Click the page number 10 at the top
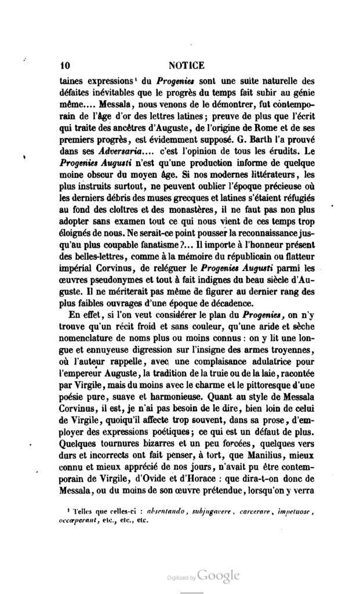pos(64,66)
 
